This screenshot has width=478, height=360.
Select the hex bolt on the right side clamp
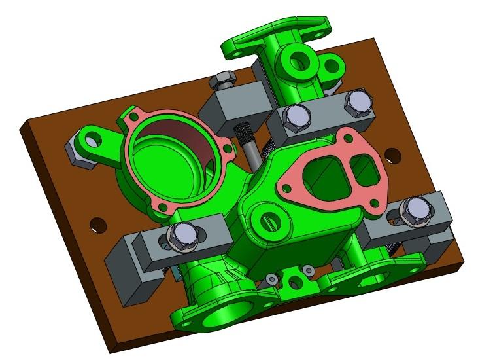click(x=413, y=209)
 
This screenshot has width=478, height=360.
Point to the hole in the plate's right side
click(x=392, y=156)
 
